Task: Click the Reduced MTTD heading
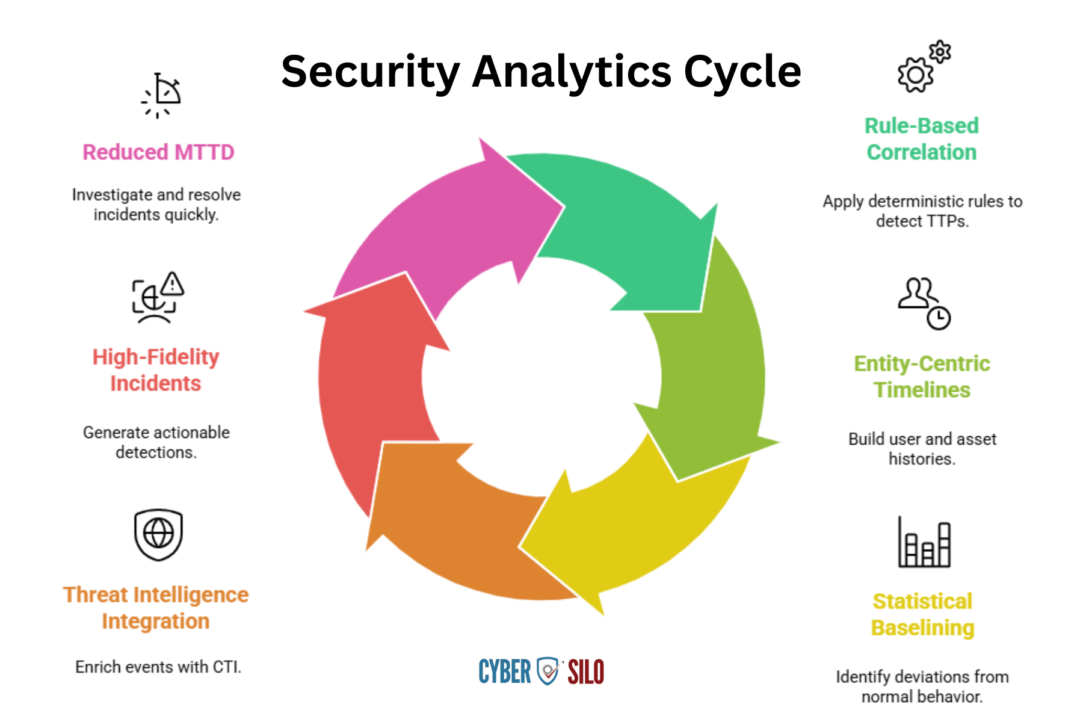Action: coord(158,152)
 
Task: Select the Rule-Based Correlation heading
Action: coord(922,139)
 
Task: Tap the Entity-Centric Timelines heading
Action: coord(922,377)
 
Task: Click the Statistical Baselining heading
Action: coord(922,614)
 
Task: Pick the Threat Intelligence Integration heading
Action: coord(156,608)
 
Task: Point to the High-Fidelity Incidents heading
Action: coord(156,370)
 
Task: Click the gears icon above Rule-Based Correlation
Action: coord(924,66)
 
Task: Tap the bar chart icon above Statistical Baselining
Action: coord(924,541)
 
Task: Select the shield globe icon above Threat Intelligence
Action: coord(158,535)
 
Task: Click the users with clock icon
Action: coord(924,303)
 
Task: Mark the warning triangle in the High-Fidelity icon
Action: coord(173,283)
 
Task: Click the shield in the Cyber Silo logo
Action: coord(548,671)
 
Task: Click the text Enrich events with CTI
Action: coord(158,667)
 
